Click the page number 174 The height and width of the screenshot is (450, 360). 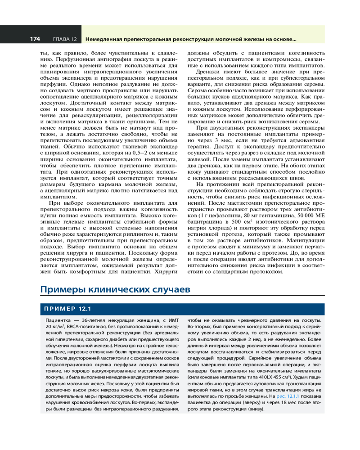pos(35,39)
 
